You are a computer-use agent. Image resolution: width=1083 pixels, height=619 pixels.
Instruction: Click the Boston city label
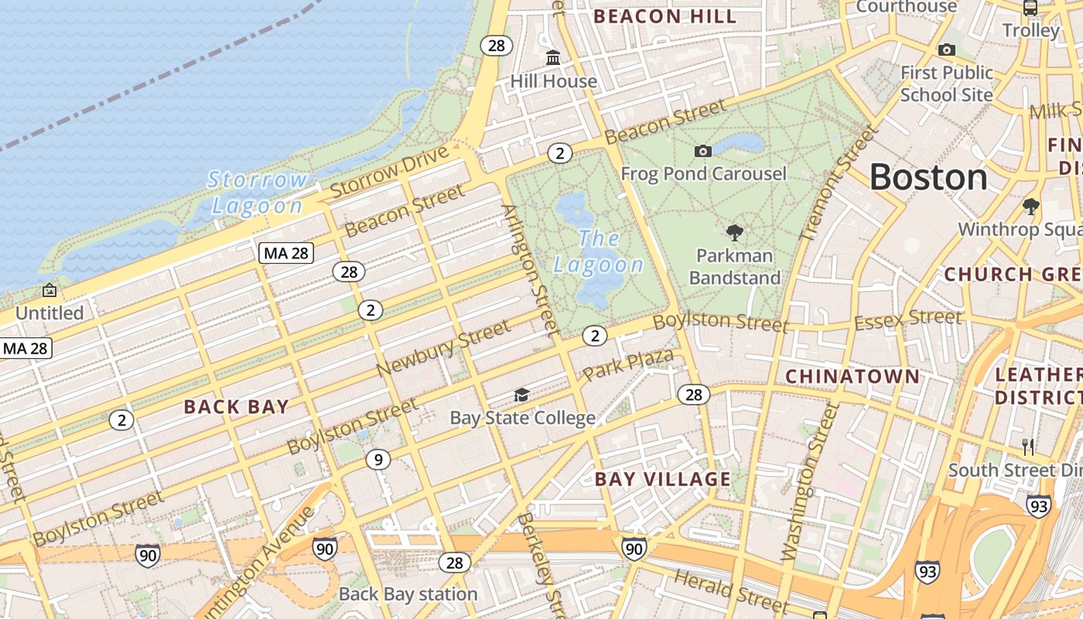(928, 177)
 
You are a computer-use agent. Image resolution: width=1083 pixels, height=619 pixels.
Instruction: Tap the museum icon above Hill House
(553, 58)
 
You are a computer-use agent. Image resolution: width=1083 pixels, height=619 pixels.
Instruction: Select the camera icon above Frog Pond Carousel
(702, 151)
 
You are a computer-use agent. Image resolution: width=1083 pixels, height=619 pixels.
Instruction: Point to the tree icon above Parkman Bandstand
(734, 232)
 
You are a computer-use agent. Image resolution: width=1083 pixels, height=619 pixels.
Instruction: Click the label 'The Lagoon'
(599, 251)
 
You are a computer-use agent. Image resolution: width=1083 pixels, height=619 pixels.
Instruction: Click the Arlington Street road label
(530, 270)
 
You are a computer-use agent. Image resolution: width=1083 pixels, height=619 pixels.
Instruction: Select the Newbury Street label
(444, 350)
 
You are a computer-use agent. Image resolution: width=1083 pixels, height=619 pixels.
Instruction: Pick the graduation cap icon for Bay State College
(522, 395)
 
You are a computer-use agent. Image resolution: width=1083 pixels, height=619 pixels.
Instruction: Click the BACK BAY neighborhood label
(236, 407)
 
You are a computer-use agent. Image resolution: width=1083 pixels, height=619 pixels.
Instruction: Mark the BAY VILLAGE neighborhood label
(662, 479)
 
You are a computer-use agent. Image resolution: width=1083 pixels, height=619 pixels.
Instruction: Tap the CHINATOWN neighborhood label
(852, 377)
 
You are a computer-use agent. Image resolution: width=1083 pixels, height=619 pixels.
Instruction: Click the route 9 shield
(378, 460)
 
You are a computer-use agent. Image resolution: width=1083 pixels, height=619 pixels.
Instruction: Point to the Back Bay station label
(408, 594)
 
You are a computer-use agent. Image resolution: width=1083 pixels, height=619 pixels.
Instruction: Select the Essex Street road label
(908, 319)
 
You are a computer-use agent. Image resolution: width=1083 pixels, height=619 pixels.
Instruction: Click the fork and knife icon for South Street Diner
(1028, 446)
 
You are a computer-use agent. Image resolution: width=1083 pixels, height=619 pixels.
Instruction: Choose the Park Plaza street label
(627, 364)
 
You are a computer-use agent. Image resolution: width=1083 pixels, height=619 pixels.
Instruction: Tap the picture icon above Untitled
(50, 291)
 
